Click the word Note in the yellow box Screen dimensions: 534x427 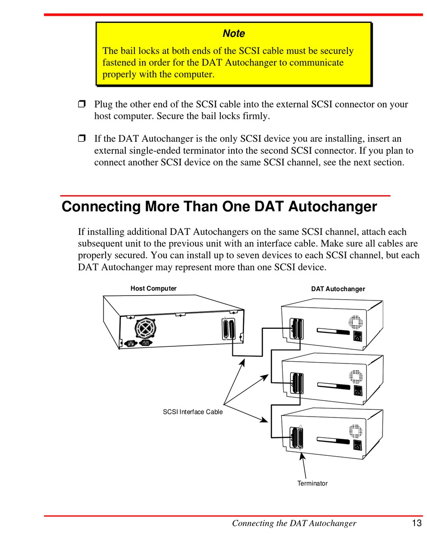pos(234,34)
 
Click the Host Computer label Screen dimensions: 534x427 pos(153,288)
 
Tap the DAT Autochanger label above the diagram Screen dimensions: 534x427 pos(338,289)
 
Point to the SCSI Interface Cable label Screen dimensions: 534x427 pos(192,411)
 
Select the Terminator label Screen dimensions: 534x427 pos(312,483)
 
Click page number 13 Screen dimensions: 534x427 pos(416,523)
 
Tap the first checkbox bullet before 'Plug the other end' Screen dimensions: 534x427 pos(81,105)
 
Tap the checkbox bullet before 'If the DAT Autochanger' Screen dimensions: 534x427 pos(81,139)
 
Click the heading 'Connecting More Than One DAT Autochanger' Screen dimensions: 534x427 pos(219,207)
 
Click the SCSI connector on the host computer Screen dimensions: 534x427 pos(229,330)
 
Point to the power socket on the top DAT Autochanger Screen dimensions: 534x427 pos(358,336)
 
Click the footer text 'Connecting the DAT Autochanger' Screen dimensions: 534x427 pos(294,523)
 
